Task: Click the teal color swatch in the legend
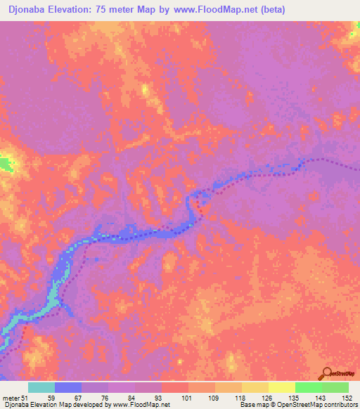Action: pyautogui.click(x=41, y=387)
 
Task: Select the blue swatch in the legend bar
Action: pyautogui.click(x=67, y=387)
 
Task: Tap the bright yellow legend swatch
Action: pyautogui.click(x=281, y=387)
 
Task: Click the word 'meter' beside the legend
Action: pyautogui.click(x=11, y=397)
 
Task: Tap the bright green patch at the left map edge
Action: pyautogui.click(x=6, y=165)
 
